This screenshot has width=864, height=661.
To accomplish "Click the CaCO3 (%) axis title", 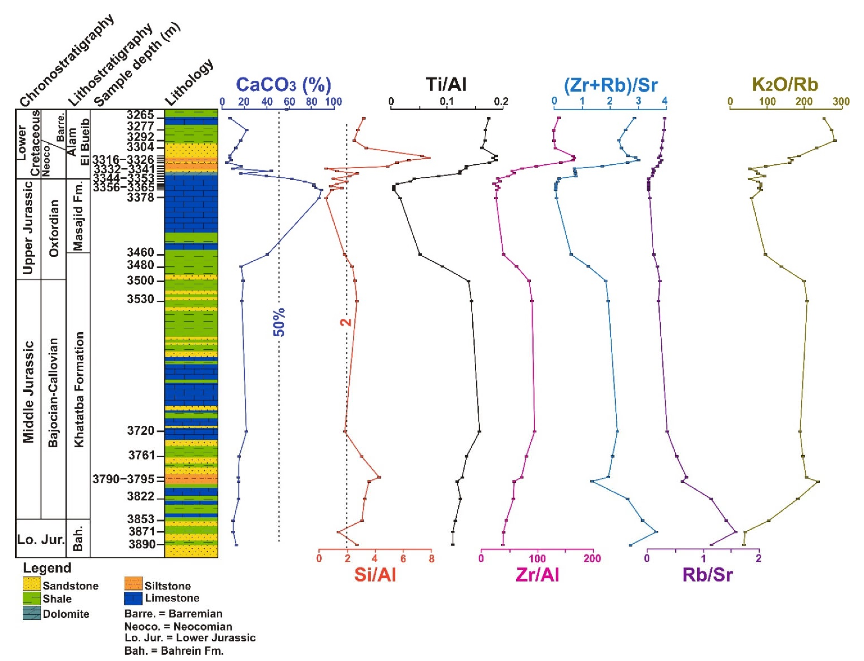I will (x=283, y=85).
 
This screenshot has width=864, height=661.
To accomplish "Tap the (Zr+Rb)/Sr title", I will (x=610, y=85).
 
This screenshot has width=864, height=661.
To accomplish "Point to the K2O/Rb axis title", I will (x=784, y=85).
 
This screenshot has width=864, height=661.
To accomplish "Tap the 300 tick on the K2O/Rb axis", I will (x=841, y=102).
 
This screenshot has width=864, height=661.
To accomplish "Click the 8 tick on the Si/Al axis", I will (x=431, y=559).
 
